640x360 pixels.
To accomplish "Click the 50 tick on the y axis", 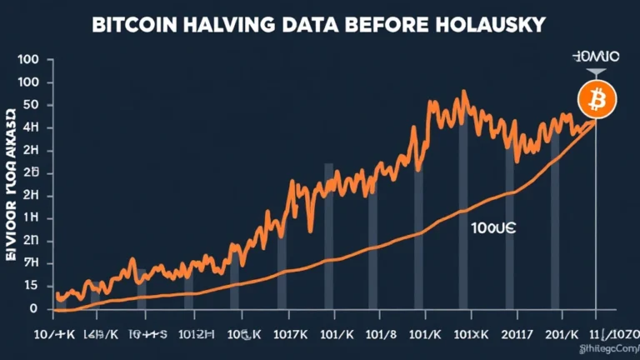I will [32, 105].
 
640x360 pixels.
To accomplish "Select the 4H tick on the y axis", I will [32, 127].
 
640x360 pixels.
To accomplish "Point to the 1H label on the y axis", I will [32, 218].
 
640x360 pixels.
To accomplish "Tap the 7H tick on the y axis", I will [32, 263].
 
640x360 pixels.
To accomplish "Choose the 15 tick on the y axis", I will [32, 286].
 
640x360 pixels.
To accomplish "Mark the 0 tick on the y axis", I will [33, 308].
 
